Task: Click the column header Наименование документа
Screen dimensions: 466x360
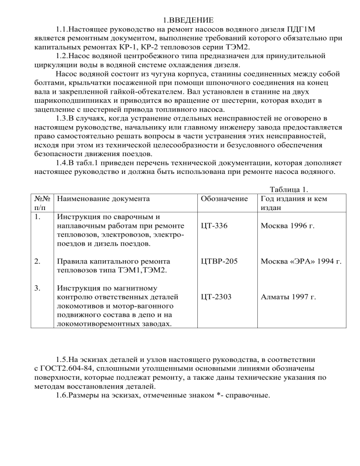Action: (103, 198)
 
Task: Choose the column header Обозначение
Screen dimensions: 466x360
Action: (224, 198)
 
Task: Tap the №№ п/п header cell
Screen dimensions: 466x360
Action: (43, 203)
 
